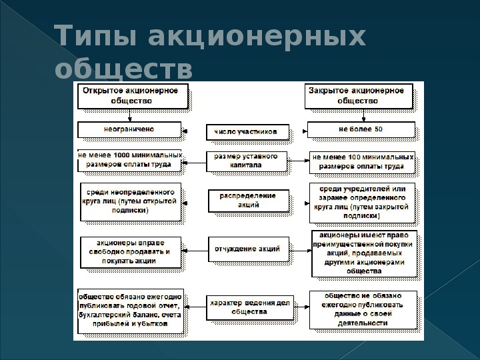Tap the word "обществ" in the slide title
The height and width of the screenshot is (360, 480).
coord(123,68)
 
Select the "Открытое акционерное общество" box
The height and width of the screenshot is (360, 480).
coord(133,96)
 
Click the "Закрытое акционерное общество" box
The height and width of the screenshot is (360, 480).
coord(359,96)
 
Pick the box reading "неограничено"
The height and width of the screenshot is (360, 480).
coord(129,130)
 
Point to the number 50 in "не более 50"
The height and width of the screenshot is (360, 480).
coord(379,129)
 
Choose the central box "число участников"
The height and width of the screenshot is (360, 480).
coord(247,132)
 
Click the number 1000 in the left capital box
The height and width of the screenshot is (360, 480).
coord(121,155)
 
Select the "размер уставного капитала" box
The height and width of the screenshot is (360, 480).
coord(247,161)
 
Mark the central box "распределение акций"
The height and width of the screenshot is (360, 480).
coord(249,201)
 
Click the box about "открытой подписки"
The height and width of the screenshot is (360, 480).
coord(131,202)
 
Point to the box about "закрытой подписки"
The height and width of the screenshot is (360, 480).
coord(362,203)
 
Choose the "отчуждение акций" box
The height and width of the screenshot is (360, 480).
coord(249,249)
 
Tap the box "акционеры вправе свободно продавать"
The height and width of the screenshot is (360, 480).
coord(131,252)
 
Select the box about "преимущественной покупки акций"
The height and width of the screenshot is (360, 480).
coord(364,253)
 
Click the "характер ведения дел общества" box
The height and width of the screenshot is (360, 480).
coord(250,307)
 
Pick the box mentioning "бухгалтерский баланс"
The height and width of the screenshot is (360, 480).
coord(131,311)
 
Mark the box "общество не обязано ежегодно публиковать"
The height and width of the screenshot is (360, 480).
coord(363,310)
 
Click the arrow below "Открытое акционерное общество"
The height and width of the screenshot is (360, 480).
coord(130,115)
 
